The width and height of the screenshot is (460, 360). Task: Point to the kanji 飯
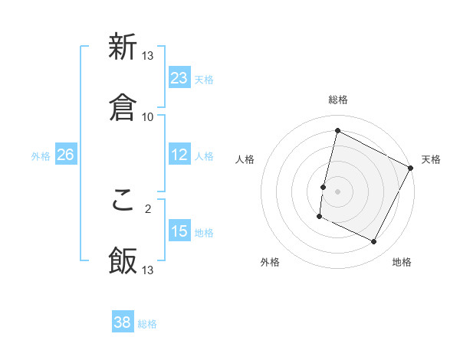tap(123, 260)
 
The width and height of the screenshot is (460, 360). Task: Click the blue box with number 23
tap(179, 78)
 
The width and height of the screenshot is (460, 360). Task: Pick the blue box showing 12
tap(179, 155)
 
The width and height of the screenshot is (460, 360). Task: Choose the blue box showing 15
tap(179, 231)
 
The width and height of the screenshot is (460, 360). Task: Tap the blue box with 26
tap(65, 155)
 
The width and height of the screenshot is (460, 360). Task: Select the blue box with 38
tap(123, 322)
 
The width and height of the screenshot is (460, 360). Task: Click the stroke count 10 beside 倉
tap(148, 116)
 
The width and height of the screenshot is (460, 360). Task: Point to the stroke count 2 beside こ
tap(148, 207)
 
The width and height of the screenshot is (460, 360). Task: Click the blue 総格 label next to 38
tap(147, 324)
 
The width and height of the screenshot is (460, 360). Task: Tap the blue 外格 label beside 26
tap(41, 156)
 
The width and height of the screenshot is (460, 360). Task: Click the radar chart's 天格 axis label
tap(431, 159)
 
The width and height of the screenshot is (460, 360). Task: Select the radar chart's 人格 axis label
tap(245, 159)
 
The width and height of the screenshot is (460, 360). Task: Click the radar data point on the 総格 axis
tap(337, 130)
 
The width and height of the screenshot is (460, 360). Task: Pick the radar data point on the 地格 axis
tap(374, 242)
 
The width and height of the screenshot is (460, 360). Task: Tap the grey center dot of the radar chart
tap(337, 191)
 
